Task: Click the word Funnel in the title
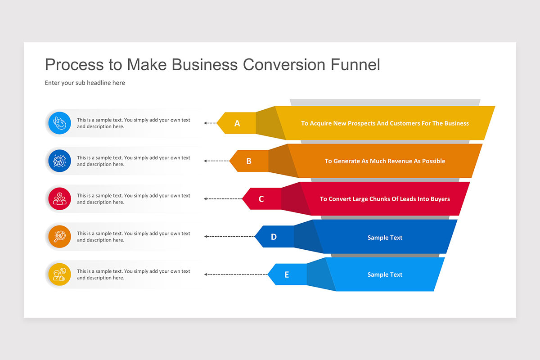pos(355,65)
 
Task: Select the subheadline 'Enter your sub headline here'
pos(85,83)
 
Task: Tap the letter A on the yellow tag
pos(237,123)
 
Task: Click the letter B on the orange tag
pos(249,161)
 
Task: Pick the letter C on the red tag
pos(261,199)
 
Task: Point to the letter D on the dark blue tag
pos(274,237)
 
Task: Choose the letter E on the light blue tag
pos(287,274)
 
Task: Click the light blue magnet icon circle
pos(59,123)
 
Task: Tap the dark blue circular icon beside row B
pos(59,161)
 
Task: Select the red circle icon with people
pos(59,199)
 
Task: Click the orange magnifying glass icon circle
pos(59,237)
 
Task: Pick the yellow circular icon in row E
pos(59,274)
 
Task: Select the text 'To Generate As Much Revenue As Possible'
pos(385,161)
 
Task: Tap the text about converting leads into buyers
pos(385,199)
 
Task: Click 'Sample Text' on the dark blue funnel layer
pos(385,238)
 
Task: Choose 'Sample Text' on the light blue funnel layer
pos(385,274)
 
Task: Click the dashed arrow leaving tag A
pos(210,123)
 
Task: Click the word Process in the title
pos(74,65)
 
